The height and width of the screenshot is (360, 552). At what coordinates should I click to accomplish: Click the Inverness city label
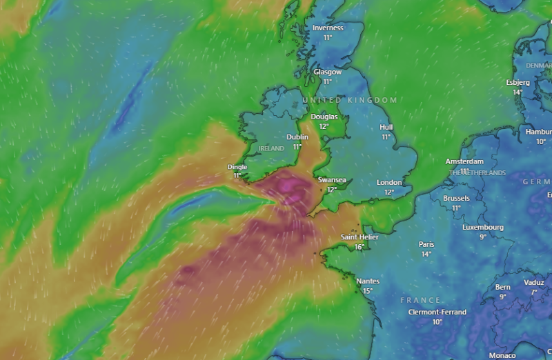tap(328, 28)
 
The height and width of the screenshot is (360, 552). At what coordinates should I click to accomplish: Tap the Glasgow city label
tap(328, 72)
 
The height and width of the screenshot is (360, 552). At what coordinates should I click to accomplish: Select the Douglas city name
tap(324, 117)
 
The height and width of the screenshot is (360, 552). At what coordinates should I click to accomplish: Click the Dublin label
tap(297, 137)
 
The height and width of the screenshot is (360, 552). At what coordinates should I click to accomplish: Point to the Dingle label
tap(237, 167)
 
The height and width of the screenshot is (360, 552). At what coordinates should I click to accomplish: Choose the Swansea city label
tap(332, 180)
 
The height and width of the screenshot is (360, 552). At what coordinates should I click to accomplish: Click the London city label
tap(389, 183)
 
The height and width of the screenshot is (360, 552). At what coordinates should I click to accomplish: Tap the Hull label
tap(386, 128)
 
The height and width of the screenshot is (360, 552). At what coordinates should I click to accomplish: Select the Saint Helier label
tap(359, 237)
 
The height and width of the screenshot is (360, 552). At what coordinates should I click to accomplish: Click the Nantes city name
tap(368, 281)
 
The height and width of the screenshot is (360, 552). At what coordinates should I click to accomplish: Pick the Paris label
tap(426, 244)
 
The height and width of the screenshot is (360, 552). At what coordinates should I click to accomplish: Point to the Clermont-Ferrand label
tap(437, 312)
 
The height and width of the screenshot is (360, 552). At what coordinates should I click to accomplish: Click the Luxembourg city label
tap(483, 228)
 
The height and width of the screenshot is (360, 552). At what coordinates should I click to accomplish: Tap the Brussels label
tap(456, 199)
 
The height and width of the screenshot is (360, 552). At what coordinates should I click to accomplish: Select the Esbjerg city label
tap(518, 83)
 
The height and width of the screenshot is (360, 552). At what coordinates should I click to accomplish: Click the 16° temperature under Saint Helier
tap(359, 247)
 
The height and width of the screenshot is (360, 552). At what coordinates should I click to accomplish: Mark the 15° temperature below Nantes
tap(368, 291)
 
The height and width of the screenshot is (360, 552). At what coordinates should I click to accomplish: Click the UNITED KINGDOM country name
tap(350, 101)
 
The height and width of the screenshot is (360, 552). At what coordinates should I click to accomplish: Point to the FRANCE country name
tap(420, 301)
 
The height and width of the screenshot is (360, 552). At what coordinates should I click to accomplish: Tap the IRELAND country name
tap(271, 148)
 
